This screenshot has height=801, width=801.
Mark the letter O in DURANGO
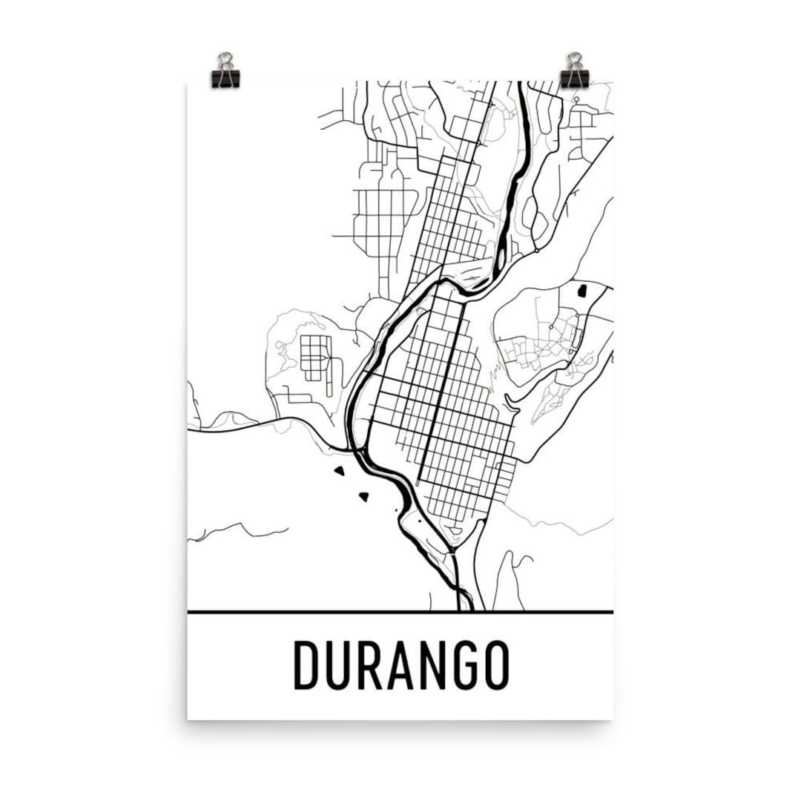(498, 665)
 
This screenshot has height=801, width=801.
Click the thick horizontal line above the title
(400, 612)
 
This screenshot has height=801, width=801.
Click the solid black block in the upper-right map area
(581, 290)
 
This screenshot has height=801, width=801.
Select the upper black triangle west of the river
(340, 469)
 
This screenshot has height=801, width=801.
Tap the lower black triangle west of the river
(363, 495)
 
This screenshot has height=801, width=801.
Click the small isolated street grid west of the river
(316, 354)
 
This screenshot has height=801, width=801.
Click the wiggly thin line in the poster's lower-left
(237, 530)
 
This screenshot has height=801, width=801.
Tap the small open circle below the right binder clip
(576, 99)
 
